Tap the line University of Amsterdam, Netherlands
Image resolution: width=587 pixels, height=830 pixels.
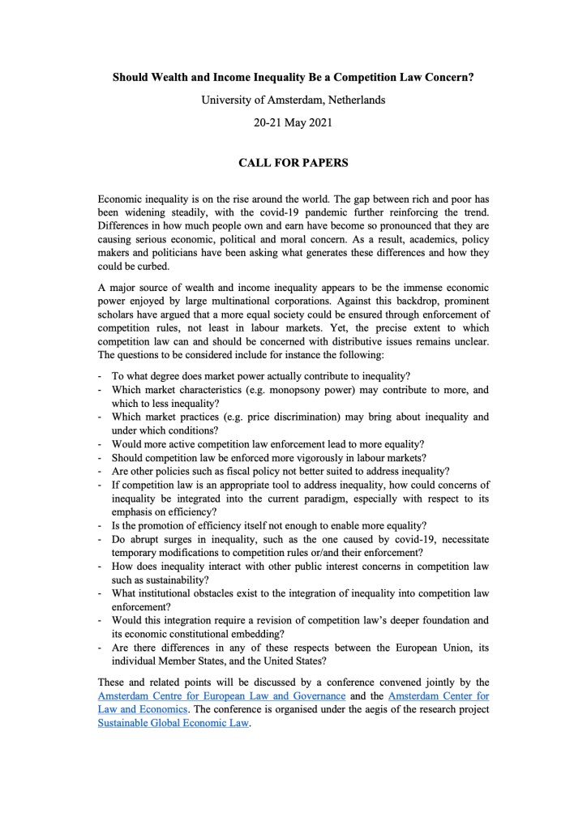[293, 101]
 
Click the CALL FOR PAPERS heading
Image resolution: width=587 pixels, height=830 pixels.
[293, 163]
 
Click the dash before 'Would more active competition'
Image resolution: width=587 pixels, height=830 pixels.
[99, 444]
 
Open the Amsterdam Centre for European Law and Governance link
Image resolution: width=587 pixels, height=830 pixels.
[221, 696]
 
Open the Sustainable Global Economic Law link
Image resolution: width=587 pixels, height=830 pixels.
[174, 724]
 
